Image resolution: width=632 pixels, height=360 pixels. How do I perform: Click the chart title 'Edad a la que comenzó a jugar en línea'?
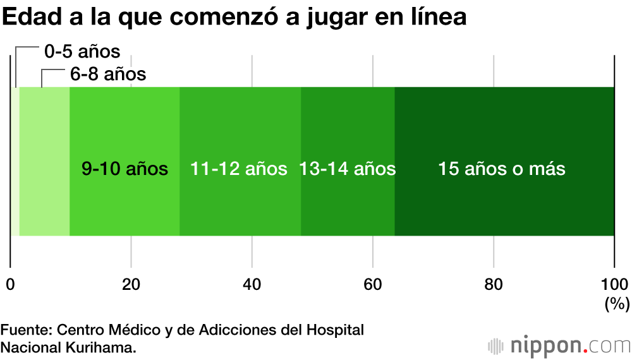[234, 18]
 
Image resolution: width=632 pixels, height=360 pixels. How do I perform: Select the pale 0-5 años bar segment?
[15, 161]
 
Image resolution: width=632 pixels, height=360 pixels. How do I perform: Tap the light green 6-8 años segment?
[44, 161]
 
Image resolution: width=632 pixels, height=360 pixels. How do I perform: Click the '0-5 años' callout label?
[82, 51]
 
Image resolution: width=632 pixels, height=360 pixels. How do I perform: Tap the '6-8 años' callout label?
[108, 75]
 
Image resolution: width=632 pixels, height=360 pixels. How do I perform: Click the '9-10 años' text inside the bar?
[125, 169]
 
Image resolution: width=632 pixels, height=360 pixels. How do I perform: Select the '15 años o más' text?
[502, 169]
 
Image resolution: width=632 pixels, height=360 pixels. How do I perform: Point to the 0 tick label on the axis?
[10, 284]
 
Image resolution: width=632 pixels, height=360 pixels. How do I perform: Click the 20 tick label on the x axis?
[131, 284]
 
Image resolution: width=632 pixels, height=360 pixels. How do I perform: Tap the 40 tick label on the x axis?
[252, 284]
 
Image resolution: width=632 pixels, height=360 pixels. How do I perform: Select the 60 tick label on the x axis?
[373, 284]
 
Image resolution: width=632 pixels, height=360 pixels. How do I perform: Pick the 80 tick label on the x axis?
[494, 284]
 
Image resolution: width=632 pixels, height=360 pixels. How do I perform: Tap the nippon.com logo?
[559, 345]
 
